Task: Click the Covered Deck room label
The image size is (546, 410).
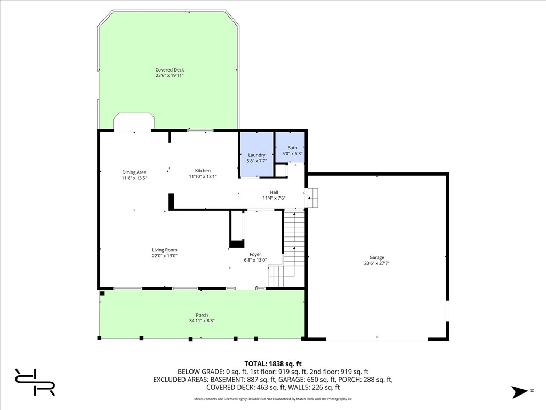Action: click(170, 70)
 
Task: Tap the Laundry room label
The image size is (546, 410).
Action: click(256, 155)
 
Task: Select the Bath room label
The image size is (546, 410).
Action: click(292, 148)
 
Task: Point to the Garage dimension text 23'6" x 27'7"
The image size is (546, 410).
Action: click(377, 263)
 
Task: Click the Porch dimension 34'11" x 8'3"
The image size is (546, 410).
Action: click(202, 321)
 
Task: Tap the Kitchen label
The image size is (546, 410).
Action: click(203, 170)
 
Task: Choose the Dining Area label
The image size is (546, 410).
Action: click(134, 172)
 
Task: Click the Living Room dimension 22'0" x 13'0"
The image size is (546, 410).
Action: click(165, 256)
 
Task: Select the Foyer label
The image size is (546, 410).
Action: click(255, 254)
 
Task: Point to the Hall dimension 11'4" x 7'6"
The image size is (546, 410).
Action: click(274, 198)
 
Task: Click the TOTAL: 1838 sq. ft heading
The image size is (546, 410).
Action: click(272, 364)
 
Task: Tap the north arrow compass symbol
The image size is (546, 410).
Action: click(520, 392)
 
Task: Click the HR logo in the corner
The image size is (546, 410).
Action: click(35, 382)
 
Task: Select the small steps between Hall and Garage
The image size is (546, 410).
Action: click(312, 198)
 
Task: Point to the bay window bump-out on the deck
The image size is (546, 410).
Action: click(134, 121)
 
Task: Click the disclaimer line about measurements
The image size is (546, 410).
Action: click(273, 399)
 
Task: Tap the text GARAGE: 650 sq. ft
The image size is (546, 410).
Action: click(308, 380)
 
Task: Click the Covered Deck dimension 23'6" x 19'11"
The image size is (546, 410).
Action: click(170, 75)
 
